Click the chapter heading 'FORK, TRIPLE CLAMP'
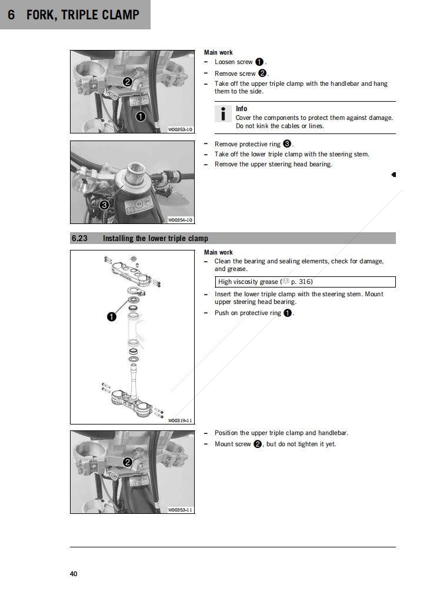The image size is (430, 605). point(82,15)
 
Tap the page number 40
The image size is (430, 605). point(74,574)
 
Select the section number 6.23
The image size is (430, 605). point(79,238)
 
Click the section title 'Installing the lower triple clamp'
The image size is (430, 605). point(155,238)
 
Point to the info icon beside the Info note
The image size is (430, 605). point(224,114)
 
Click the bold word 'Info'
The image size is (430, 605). point(241,109)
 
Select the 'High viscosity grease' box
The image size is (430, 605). point(305,282)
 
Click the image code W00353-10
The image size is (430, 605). point(180,129)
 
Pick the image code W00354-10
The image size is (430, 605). point(180,220)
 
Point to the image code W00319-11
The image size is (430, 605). point(180,420)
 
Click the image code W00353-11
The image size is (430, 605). point(180,510)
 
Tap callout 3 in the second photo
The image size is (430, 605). point(104,205)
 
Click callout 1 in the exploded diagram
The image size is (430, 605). point(111,317)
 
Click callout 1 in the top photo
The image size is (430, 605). point(141,116)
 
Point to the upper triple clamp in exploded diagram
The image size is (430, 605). point(132,271)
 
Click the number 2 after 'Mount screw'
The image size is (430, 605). point(258,444)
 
